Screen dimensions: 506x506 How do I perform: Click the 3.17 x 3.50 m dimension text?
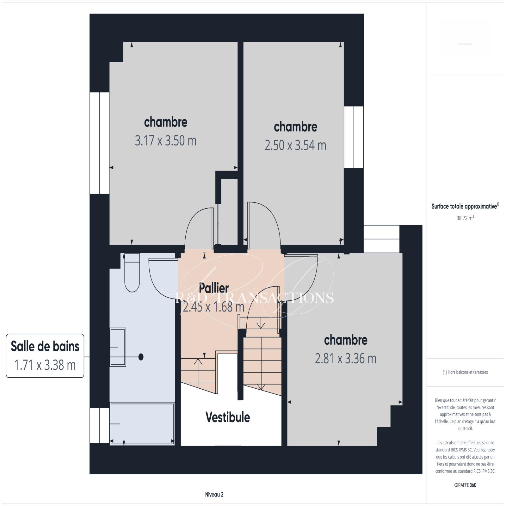coord(166,141)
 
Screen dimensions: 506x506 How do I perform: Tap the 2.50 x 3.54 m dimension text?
coord(295,145)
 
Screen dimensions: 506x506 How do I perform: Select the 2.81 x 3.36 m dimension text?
coord(346,359)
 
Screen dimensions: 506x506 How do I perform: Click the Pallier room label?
coord(214,288)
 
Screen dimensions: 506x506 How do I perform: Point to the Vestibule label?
coord(228,417)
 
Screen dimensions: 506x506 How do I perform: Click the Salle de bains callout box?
coord(45,356)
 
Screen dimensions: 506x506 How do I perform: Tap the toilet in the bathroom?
coord(132,273)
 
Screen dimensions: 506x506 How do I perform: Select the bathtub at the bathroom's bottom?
coord(142,424)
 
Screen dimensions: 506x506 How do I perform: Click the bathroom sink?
coord(118,347)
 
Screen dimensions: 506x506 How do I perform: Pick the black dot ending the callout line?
coord(141,357)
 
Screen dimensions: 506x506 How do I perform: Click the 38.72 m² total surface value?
coord(465,218)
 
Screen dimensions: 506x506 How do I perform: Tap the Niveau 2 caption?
coord(214,495)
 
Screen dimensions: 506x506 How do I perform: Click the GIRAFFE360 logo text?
coord(465,485)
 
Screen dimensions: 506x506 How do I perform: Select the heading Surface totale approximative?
coord(464,207)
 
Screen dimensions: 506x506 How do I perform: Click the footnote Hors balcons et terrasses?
coord(468,372)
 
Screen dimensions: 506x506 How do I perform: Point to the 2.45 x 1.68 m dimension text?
coord(214,307)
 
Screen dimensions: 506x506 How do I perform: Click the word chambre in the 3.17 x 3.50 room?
coord(166,122)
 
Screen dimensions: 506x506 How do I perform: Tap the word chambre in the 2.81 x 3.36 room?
coord(346,340)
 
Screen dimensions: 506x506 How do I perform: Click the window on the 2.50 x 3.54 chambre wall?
coord(354,137)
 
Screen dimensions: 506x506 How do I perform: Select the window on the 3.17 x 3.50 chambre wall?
coord(100,143)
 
